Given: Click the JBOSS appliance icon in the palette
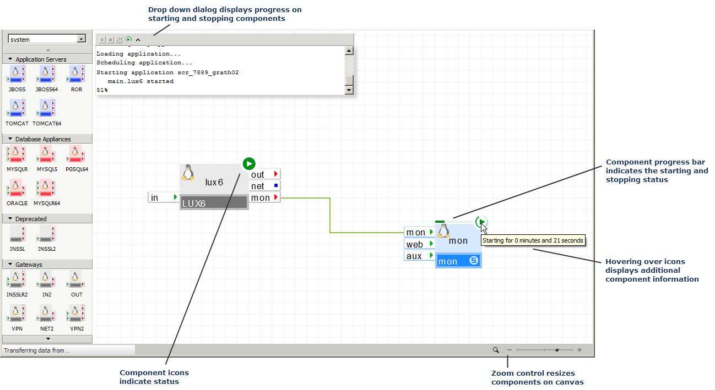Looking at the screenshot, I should coord(16,75).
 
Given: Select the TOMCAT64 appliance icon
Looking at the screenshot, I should coord(47,109).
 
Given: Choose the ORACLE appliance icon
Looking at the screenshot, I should coord(16,189).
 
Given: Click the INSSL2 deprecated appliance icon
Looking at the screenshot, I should coord(47,235).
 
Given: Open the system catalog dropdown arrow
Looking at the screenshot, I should coord(82,39).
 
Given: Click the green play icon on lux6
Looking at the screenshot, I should coord(249,163).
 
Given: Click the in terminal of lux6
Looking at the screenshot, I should coord(163,197).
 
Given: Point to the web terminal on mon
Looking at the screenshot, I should coord(419,244).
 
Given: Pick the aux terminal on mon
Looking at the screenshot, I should coord(419,256).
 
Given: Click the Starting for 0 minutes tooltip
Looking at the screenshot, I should coord(532,240).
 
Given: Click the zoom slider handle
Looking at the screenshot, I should coord(557,350).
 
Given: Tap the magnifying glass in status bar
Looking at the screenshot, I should coord(496,350).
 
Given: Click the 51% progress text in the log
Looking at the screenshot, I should coord(102,90).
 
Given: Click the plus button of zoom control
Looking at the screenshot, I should coord(579,350).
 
